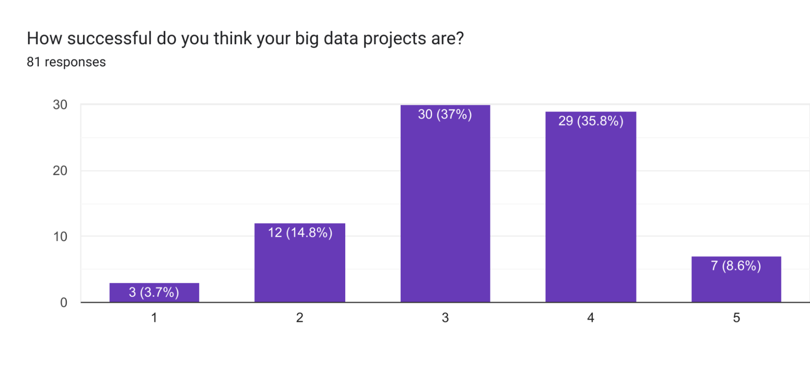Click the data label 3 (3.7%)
click(154, 292)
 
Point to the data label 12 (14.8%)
click(300, 232)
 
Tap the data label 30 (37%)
click(445, 114)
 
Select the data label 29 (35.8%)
click(590, 121)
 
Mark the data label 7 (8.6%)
click(736, 266)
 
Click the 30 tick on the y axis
click(60, 105)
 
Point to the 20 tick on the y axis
click(60, 171)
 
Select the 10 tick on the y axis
click(60, 236)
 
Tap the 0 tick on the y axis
click(64, 302)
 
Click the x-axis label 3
click(445, 318)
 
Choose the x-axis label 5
click(736, 318)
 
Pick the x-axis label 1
click(154, 318)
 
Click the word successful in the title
click(109, 38)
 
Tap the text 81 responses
click(66, 62)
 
